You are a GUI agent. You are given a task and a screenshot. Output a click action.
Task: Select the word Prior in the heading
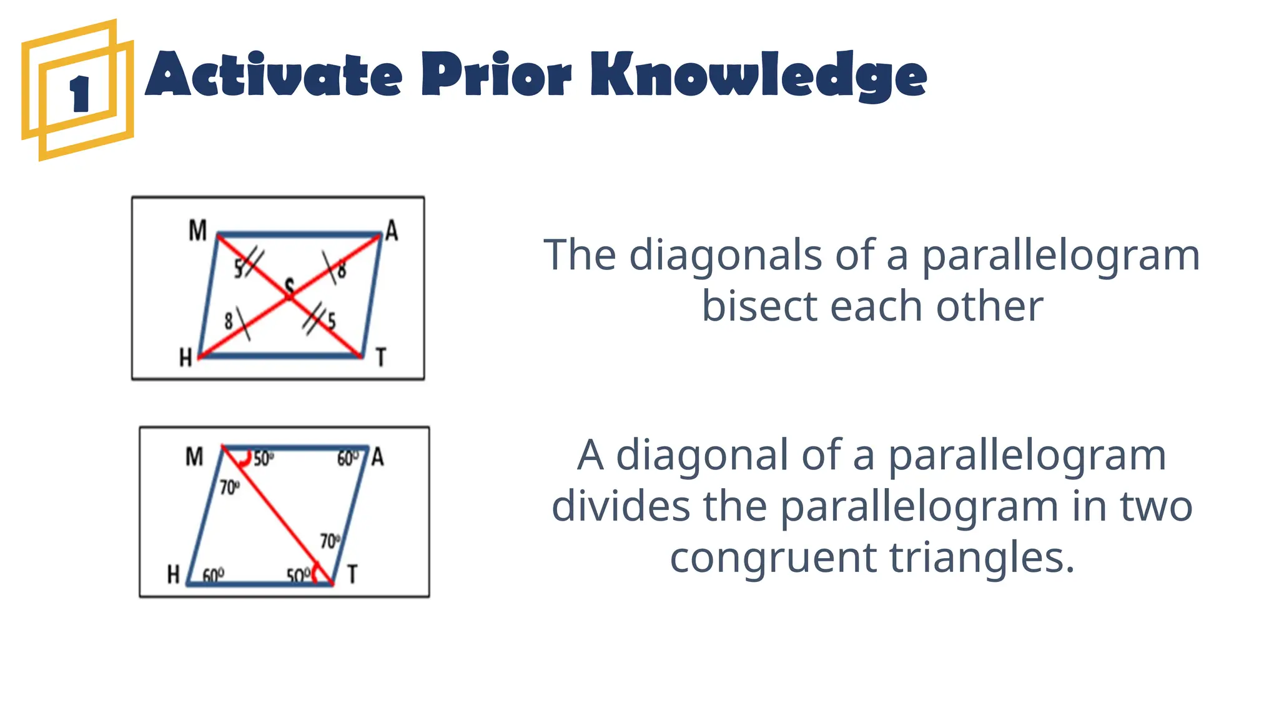[x=496, y=75]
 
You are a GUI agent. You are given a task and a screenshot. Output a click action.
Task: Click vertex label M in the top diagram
[x=197, y=231]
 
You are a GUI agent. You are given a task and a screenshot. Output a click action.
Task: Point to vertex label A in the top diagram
[x=392, y=231]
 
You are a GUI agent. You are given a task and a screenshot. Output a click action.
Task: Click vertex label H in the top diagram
[x=185, y=358]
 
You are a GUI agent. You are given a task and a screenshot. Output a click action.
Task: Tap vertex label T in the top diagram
[x=381, y=357]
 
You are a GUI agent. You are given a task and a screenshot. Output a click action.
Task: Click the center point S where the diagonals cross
[x=289, y=287]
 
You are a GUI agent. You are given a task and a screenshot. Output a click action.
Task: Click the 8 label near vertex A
[x=342, y=271]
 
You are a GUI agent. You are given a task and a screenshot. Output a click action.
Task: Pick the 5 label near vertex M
[x=239, y=269]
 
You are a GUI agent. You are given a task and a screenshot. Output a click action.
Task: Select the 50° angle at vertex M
[x=263, y=459]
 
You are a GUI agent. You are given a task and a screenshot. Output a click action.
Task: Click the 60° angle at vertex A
[x=348, y=459]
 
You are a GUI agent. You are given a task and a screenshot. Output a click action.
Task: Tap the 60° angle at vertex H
[x=214, y=574]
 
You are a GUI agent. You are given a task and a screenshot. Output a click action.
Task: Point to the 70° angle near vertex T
[x=330, y=541]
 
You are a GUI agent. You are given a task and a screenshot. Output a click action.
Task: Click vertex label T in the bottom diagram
[x=352, y=574]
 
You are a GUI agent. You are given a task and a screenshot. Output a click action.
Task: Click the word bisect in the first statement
[x=759, y=306]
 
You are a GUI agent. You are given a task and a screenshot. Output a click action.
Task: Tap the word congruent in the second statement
[x=772, y=557]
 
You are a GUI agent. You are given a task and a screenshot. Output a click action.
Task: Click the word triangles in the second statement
[x=982, y=557]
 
